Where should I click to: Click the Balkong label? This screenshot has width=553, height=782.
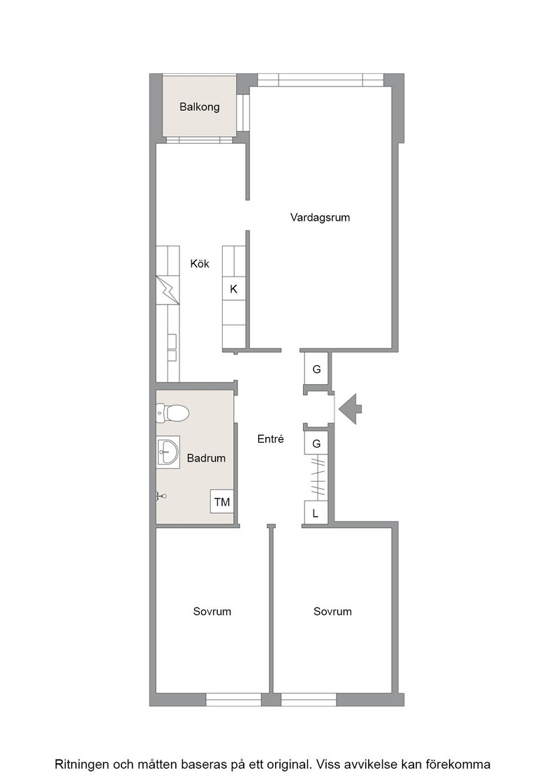point(200,107)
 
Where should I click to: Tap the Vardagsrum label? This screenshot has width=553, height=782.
point(320,217)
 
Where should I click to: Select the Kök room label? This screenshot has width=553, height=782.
point(200,263)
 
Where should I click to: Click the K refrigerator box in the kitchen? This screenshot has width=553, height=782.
point(233,288)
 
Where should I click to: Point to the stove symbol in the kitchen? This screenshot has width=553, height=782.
point(168,290)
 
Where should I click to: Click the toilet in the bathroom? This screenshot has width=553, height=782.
point(172,413)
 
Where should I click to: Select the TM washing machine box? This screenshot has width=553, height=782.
point(222,502)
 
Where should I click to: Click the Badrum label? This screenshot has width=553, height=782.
point(206,458)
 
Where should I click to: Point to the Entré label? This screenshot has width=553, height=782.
point(271,439)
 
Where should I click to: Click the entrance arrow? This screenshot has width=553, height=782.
point(350,409)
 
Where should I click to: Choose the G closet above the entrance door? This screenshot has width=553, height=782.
point(316,369)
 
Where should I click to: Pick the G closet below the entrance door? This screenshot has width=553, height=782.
point(316,443)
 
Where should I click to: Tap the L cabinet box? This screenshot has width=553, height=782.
point(316,512)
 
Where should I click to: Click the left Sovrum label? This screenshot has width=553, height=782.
point(212,612)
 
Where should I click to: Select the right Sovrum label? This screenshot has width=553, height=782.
point(332,612)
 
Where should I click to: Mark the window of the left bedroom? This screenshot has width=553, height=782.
point(233,700)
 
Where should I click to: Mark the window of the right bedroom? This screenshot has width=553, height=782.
point(309,700)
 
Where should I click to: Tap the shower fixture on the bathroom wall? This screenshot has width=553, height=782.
point(161,496)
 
